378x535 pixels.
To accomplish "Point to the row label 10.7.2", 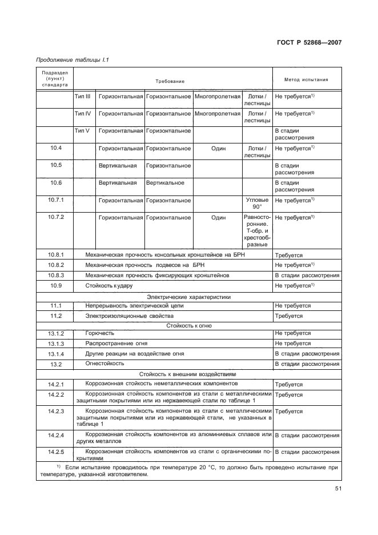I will (55, 218).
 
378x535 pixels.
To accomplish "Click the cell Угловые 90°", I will (256, 204).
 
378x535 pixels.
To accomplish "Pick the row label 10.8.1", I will (55, 255).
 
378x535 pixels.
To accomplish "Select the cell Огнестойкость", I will (105, 364).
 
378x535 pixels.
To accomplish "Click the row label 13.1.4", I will (55, 354).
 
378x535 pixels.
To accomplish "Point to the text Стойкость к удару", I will (108, 285).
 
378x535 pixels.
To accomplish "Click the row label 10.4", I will (55, 149).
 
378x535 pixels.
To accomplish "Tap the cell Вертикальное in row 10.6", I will (165, 183).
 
